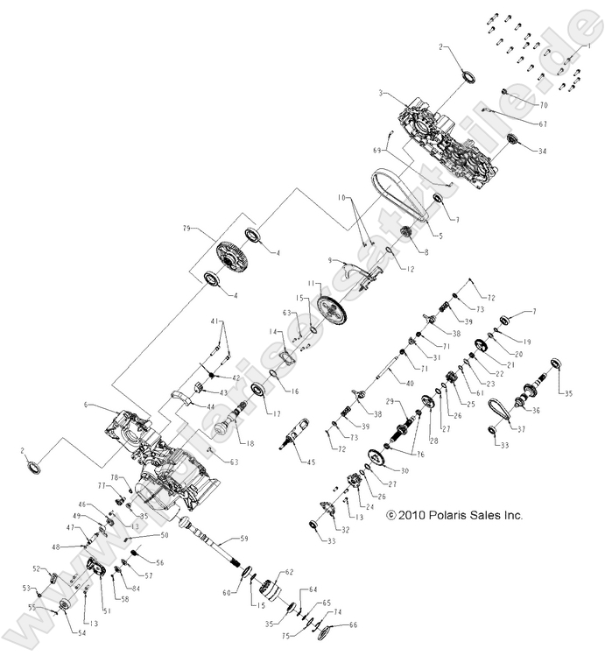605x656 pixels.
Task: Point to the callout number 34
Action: tap(542, 152)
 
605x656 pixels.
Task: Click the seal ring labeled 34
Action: tap(510, 144)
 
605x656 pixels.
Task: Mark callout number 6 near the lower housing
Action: tap(86, 406)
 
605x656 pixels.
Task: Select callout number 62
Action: tap(290, 572)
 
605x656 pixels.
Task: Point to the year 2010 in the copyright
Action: tap(416, 516)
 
